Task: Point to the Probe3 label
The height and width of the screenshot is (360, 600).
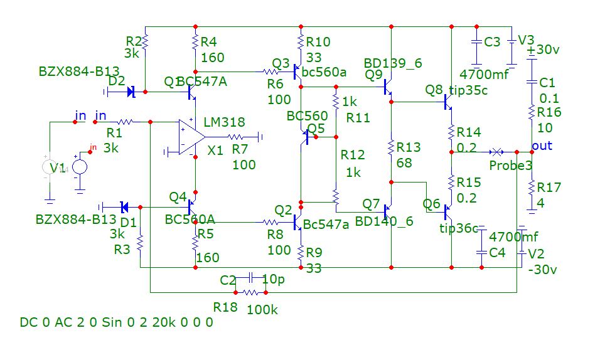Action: pyautogui.click(x=511, y=166)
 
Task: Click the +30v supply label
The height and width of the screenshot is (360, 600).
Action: pyautogui.click(x=544, y=50)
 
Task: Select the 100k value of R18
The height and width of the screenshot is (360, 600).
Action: pyautogui.click(x=262, y=310)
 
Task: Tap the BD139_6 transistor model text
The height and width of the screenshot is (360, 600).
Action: pyautogui.click(x=394, y=63)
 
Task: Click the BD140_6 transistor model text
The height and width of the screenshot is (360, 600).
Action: pyautogui.click(x=383, y=221)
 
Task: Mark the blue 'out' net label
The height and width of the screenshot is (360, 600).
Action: pyautogui.click(x=542, y=146)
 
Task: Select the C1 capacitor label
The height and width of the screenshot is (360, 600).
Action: pyautogui.click(x=547, y=83)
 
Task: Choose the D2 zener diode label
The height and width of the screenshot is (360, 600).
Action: pyautogui.click(x=116, y=80)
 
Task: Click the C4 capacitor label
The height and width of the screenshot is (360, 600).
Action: pyautogui.click(x=497, y=253)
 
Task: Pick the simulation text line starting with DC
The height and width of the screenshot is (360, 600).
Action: pyautogui.click(x=116, y=322)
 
